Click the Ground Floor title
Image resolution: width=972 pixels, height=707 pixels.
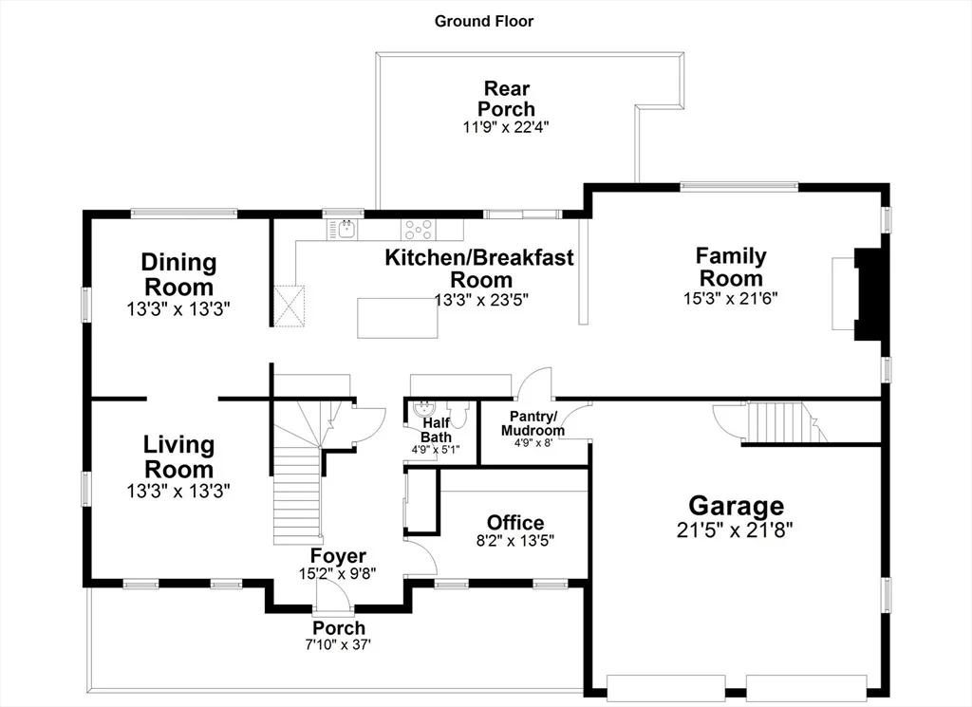click(x=483, y=22)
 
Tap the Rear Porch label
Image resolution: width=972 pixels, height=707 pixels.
click(x=507, y=99)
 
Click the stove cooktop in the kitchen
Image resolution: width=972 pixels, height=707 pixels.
click(x=419, y=230)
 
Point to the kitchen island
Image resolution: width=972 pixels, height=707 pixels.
click(x=398, y=318)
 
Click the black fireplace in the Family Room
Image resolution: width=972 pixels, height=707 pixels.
click(x=868, y=293)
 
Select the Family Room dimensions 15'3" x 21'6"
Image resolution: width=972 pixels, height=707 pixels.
click(x=730, y=298)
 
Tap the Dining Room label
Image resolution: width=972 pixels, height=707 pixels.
click(x=178, y=274)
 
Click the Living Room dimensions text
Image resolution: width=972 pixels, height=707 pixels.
click(x=178, y=492)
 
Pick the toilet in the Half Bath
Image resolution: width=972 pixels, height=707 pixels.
click(x=458, y=414)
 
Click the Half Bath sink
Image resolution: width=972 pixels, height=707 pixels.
click(x=424, y=408)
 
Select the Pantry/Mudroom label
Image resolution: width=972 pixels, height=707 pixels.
click(x=533, y=422)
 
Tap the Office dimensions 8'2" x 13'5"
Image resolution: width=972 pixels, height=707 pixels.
click(x=515, y=540)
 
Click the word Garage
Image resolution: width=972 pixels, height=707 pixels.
click(x=736, y=506)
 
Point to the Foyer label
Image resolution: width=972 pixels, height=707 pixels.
click(x=338, y=555)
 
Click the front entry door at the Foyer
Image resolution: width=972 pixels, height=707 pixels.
click(x=333, y=598)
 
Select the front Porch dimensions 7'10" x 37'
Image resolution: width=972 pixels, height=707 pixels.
click(x=338, y=644)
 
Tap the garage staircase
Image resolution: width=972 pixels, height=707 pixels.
click(x=784, y=421)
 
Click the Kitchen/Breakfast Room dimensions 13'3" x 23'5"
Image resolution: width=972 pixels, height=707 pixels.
click(x=481, y=300)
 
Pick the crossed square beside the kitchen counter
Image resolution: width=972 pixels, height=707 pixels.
click(x=290, y=306)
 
